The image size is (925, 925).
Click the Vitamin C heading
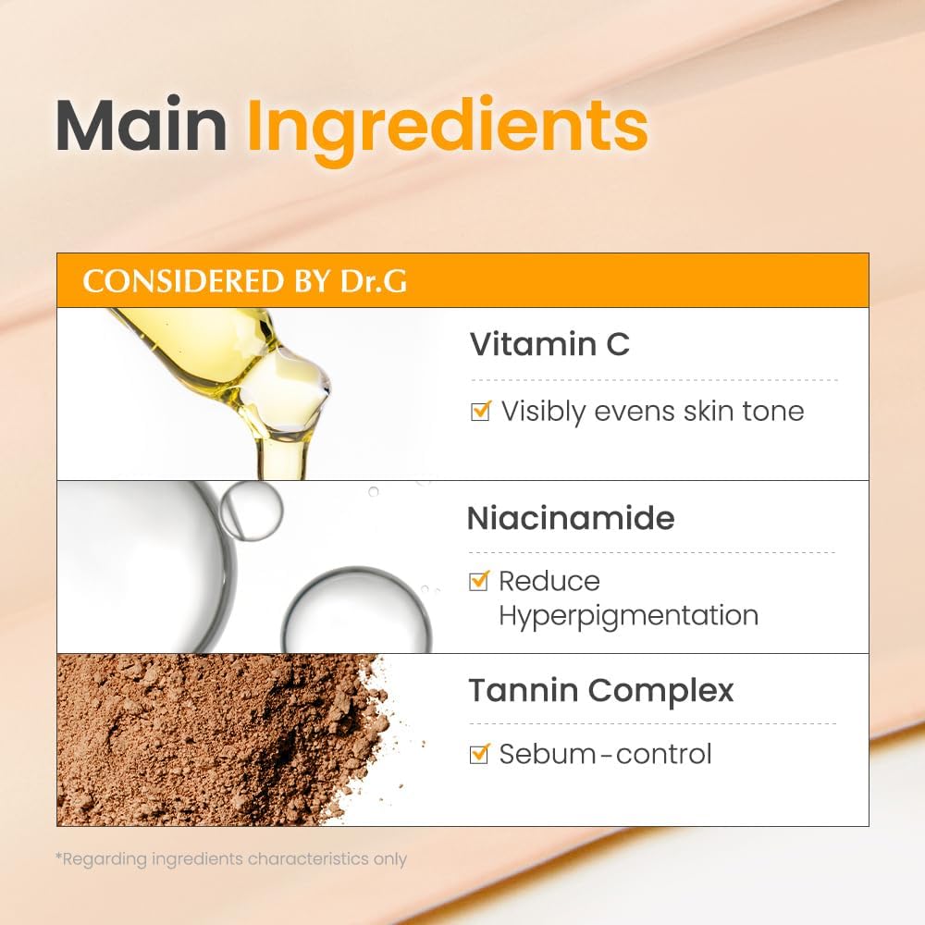point(549,344)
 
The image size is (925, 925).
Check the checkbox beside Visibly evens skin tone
point(480,411)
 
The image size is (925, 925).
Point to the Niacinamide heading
point(571,518)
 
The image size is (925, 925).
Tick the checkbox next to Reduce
point(479,581)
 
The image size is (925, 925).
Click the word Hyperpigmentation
point(628,615)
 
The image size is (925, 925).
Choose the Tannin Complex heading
point(601,690)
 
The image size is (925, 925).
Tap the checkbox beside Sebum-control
point(479,754)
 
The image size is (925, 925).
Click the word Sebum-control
point(606,754)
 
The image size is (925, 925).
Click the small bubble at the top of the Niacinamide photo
point(251,510)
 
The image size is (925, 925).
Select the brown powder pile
point(213,740)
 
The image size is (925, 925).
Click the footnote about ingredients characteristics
point(231,858)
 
